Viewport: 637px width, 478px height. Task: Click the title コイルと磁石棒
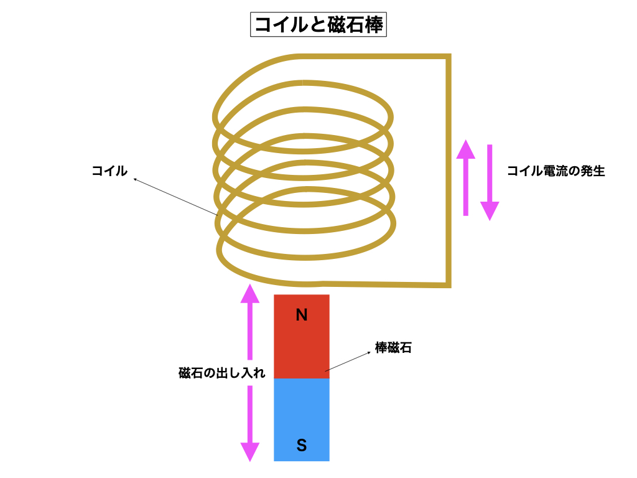pyautogui.click(x=318, y=25)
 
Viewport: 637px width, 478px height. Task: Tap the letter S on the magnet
pyautogui.click(x=302, y=445)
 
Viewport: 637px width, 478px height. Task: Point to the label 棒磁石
pyautogui.click(x=393, y=348)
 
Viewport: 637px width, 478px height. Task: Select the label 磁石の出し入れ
pyautogui.click(x=222, y=373)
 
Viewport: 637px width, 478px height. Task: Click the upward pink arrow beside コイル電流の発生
pyautogui.click(x=465, y=177)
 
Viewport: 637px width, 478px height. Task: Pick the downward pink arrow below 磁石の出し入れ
pyautogui.click(x=249, y=423)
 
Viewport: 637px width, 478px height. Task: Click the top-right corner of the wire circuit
pyautogui.click(x=447, y=57)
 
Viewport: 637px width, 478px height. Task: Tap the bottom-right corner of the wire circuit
pyautogui.click(x=447, y=285)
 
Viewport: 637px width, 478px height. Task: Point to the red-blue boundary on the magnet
pyautogui.click(x=302, y=378)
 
